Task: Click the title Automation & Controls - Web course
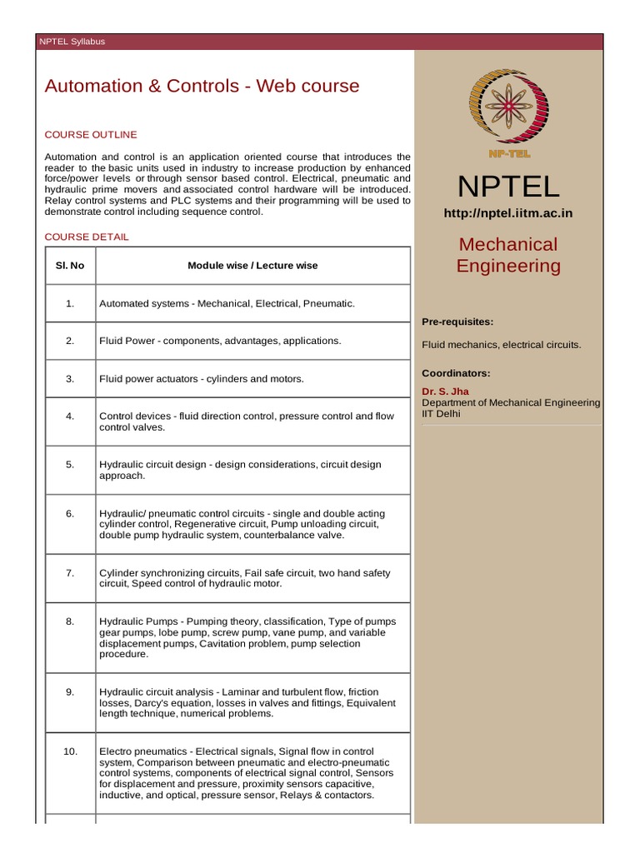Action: click(202, 86)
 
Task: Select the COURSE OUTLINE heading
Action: click(91, 135)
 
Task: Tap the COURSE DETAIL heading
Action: click(87, 237)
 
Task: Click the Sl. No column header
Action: click(70, 266)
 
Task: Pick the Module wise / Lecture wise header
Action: click(252, 266)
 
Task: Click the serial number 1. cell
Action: click(70, 303)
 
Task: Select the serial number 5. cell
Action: click(70, 464)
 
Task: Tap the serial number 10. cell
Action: click(70, 751)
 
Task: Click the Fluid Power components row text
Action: click(220, 341)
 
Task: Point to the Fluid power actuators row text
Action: click(202, 379)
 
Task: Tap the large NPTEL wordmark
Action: click(508, 186)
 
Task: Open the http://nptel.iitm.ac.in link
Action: click(508, 214)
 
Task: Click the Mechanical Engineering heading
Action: click(508, 255)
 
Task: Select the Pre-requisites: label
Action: click(457, 322)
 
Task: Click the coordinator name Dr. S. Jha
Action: click(446, 392)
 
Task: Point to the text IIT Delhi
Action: click(441, 413)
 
